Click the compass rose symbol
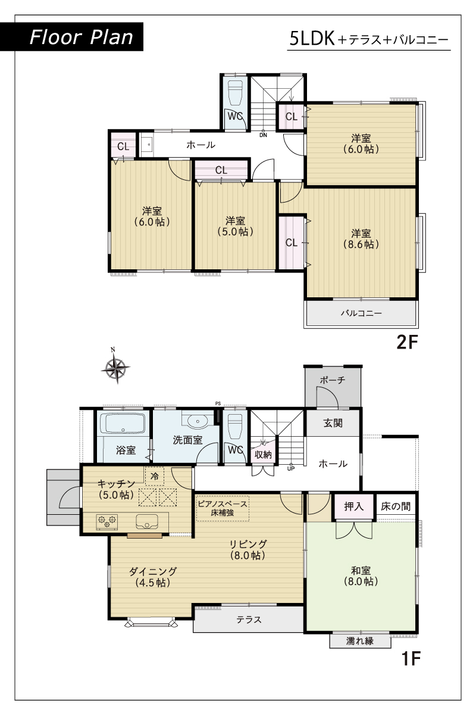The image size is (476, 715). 115,368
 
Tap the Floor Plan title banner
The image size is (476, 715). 72,37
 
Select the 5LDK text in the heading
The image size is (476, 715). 312,39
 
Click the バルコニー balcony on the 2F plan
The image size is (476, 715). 361,313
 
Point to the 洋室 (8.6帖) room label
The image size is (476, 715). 361,239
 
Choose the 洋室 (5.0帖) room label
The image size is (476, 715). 235,226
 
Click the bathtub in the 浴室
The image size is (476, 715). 123,424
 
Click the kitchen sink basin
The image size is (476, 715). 147,521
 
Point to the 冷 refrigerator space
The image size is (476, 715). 155,476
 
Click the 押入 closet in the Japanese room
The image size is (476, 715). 353,506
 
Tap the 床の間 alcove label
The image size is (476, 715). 396,506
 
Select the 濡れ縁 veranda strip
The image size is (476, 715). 360,641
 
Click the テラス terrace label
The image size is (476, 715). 249,620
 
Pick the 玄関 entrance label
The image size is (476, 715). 333,423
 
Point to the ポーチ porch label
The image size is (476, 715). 333,380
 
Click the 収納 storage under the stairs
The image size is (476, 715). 263,455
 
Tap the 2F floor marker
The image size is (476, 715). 407,343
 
